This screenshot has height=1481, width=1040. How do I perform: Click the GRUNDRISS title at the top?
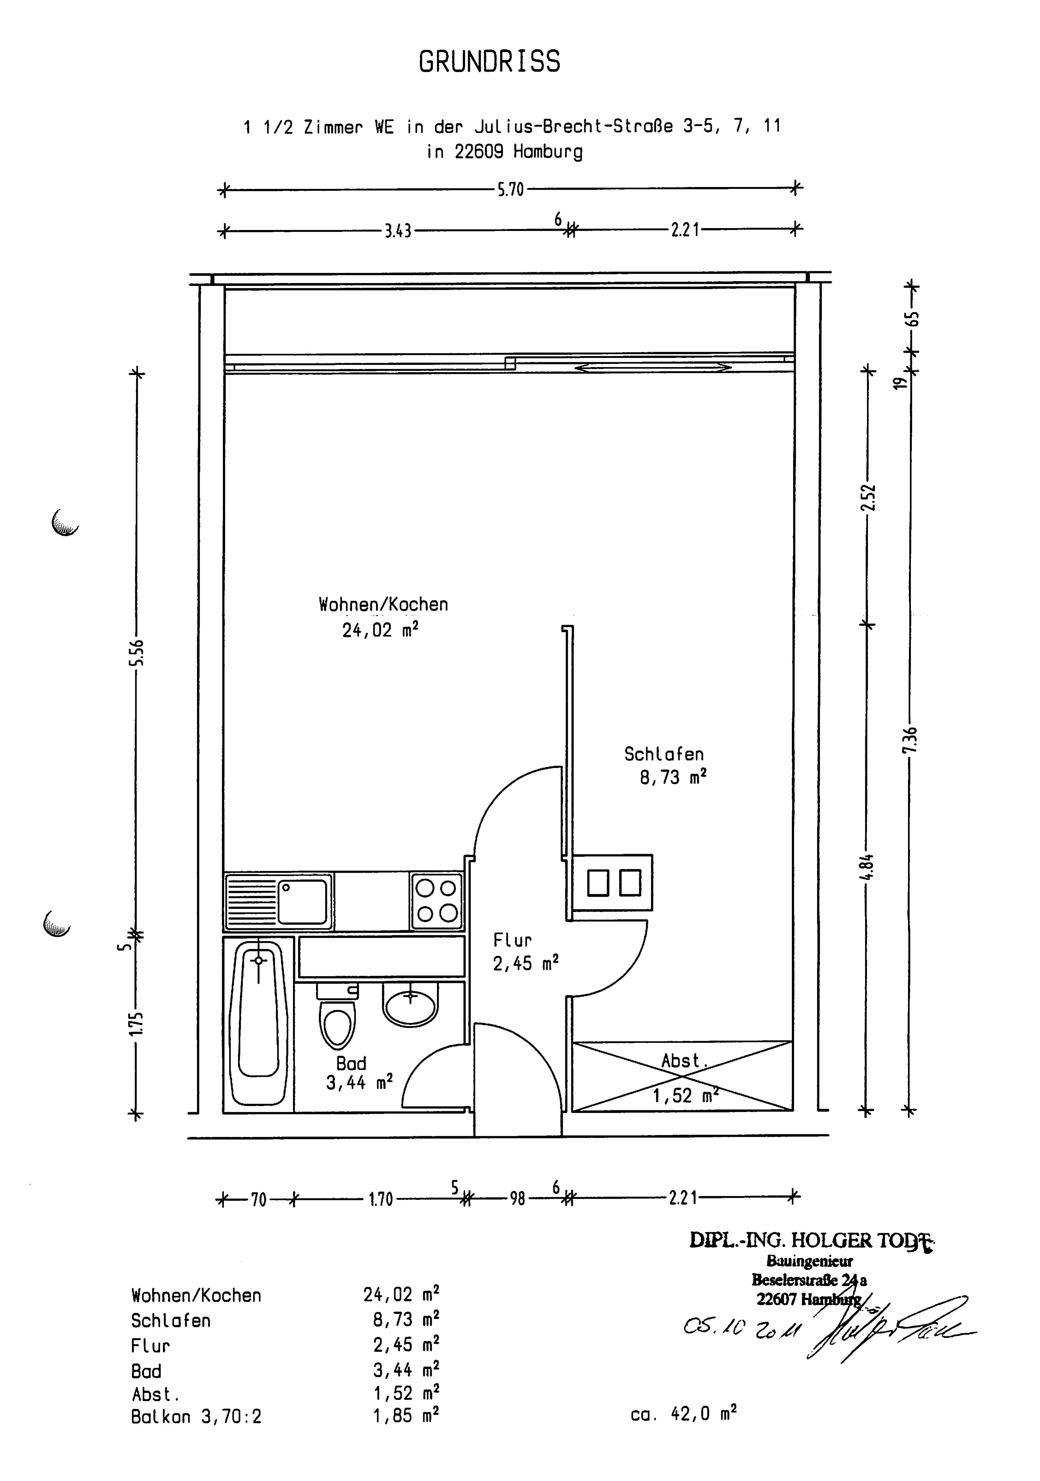pos(489,62)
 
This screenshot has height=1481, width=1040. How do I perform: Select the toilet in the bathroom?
pos(338,1019)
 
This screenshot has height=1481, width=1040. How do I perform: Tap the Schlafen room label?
pos(663,754)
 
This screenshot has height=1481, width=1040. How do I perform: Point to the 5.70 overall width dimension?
pos(510,190)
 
